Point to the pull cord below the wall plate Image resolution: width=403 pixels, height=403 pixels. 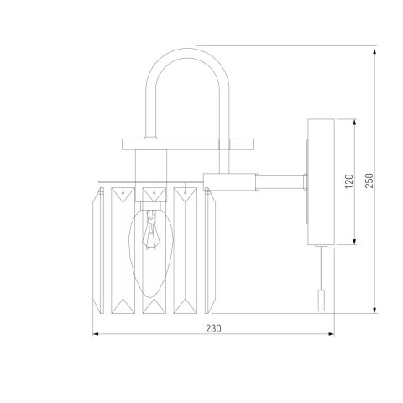tap(319, 269)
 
